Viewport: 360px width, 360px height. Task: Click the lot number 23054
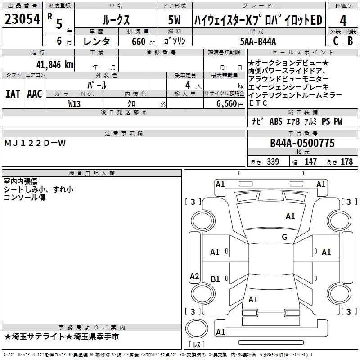22,19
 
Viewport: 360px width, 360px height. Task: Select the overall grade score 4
343,21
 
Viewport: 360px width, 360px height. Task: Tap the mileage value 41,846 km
55,65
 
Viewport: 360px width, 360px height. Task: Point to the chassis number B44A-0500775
302,143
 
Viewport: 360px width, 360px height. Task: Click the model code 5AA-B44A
258,41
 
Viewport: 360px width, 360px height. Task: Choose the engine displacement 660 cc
143,41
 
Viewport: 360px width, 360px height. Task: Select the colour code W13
74,104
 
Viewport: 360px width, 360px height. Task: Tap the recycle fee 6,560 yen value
230,104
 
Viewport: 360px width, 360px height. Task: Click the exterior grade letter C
336,41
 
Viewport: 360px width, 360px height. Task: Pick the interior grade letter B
350,41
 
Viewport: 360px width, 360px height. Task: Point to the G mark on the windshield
284,237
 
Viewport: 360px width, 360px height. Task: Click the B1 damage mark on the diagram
215,279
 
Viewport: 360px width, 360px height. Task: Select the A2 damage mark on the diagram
194,276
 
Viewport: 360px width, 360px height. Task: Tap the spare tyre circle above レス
197,328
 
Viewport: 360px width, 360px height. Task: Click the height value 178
346,162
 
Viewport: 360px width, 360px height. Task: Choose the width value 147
310,162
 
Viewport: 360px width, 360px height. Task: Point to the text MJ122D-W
35,143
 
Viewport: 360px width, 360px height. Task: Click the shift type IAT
13,94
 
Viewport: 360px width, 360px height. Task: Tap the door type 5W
174,20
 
